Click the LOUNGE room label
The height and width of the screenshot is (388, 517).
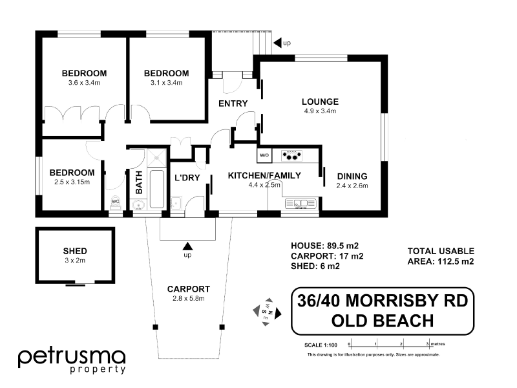coord(320,102)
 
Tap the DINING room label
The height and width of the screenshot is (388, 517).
coord(352,176)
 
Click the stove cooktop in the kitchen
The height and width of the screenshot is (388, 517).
coord(293,155)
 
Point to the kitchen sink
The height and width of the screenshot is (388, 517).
coord(301,204)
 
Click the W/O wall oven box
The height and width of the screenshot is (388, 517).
coord(264,155)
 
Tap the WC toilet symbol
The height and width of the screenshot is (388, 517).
coord(116,201)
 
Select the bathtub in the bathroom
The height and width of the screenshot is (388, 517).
coord(157,189)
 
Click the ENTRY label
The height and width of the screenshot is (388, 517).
coord(233,103)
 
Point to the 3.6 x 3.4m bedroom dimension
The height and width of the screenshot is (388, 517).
coord(84,83)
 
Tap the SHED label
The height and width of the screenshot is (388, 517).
coord(75,251)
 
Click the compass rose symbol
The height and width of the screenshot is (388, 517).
coord(266,310)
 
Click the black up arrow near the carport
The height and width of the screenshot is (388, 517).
coord(188,246)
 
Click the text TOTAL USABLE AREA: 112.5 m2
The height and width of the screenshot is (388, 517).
coord(440,256)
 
